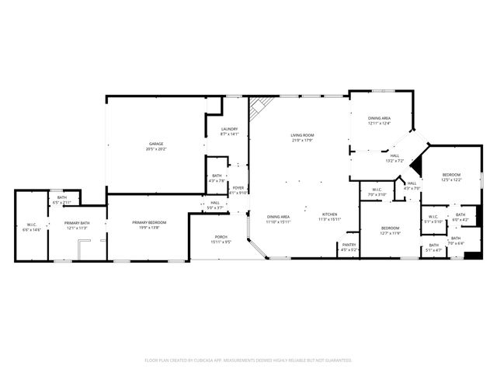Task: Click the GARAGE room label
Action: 156,144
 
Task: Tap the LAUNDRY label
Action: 229,129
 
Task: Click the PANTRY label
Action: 349,246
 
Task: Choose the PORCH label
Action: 221,238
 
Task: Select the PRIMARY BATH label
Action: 77,223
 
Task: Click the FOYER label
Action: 238,187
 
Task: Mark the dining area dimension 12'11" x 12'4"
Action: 379,123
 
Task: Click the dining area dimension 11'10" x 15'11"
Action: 278,221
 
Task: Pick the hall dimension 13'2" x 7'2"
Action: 394,161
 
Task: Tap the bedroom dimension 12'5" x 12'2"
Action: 451,180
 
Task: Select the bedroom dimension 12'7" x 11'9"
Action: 390,233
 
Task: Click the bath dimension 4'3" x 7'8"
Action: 217,181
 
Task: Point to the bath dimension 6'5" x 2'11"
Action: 61,203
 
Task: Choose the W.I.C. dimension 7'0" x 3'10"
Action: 377,194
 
